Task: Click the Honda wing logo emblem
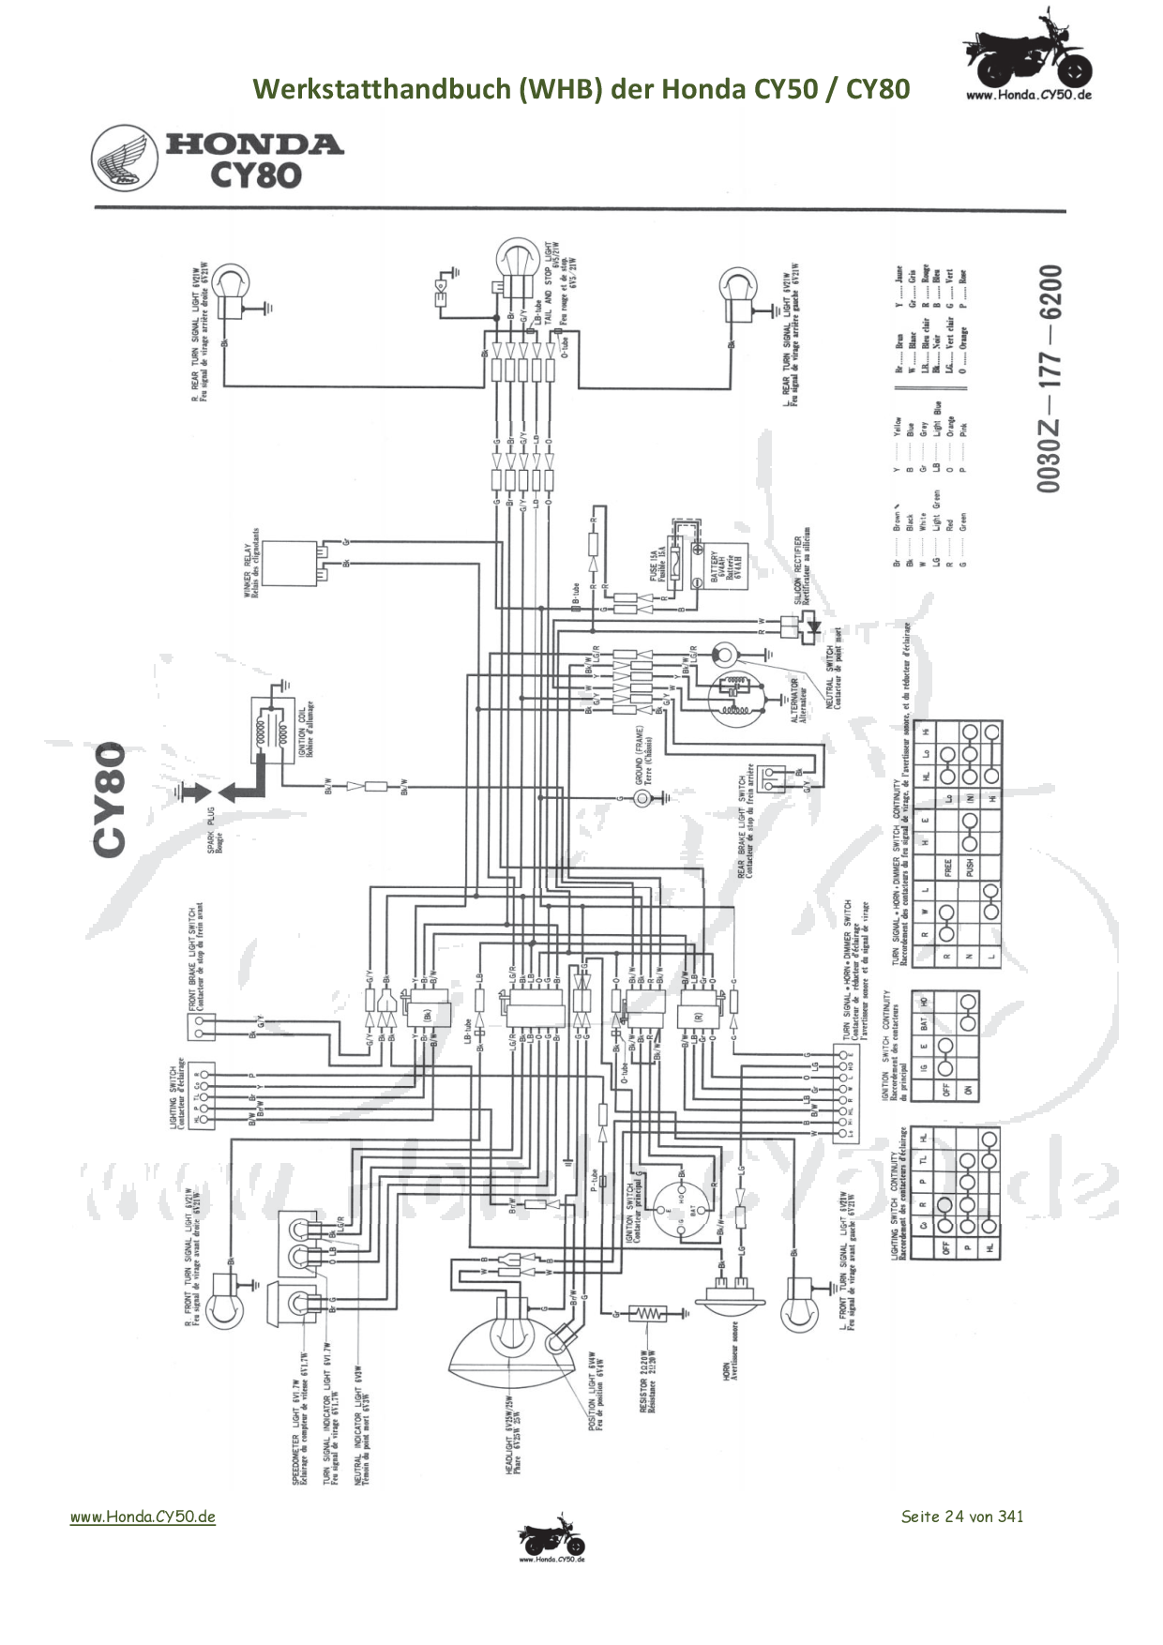125,159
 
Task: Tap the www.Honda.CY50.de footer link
143,1517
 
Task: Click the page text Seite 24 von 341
961,1517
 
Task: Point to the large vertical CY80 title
111,799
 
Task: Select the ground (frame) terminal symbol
642,798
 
